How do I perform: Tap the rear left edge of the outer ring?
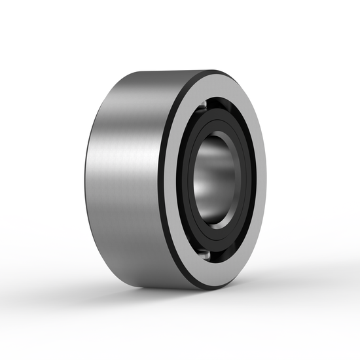click(86, 177)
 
